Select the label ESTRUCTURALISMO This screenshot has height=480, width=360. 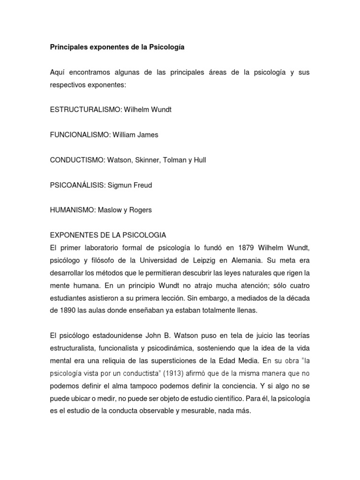(85, 109)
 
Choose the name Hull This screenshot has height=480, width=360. (199, 160)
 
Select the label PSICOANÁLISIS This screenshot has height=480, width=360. (77, 185)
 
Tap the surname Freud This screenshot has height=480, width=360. (142, 185)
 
